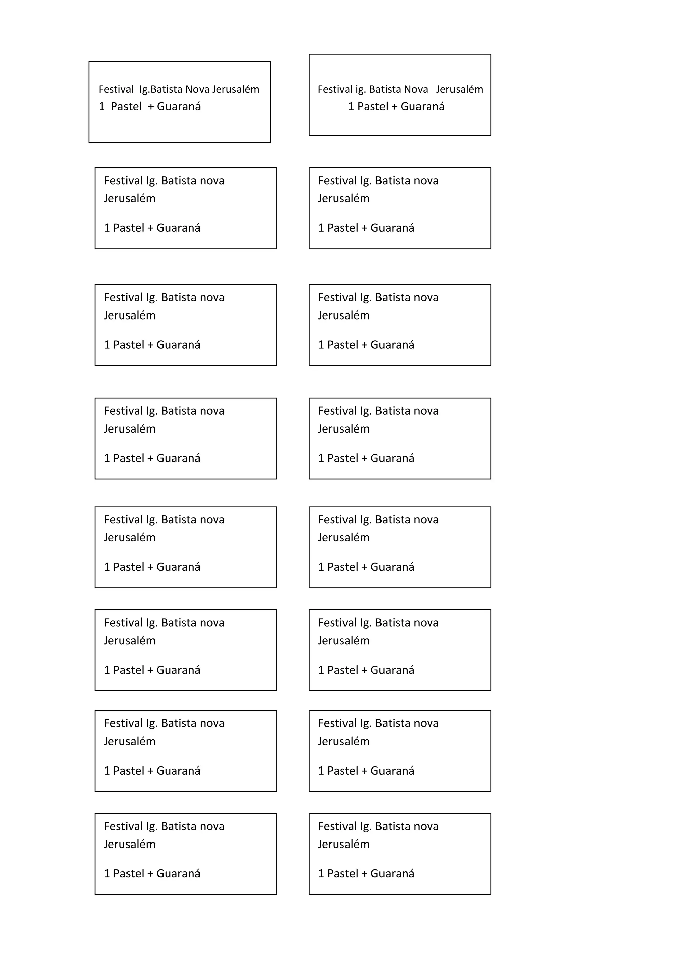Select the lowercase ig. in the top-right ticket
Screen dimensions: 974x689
pyautogui.click(x=361, y=89)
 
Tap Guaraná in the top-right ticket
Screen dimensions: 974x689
pyautogui.click(x=423, y=107)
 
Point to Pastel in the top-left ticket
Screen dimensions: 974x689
pyautogui.click(x=126, y=107)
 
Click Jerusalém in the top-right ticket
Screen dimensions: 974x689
pyautogui.click(x=460, y=89)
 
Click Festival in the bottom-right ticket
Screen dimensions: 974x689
pyautogui.click(x=337, y=826)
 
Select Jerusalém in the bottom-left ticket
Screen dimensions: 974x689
pyautogui.click(x=130, y=844)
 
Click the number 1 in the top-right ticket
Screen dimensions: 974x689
pyautogui.click(x=351, y=107)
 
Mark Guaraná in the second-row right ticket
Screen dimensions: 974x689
pyautogui.click(x=393, y=228)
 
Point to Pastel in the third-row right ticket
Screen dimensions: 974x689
pyautogui.click(x=343, y=345)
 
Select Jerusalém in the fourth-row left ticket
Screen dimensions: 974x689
pyautogui.click(x=130, y=429)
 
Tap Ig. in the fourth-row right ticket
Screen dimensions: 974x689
pyautogui.click(x=366, y=411)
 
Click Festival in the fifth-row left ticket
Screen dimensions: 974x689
pyautogui.click(x=123, y=520)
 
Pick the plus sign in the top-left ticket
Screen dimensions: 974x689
pyautogui.click(x=151, y=107)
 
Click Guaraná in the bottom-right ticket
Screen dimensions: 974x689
pyautogui.click(x=393, y=874)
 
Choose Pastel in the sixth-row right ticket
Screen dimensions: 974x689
pyautogui.click(x=343, y=670)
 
